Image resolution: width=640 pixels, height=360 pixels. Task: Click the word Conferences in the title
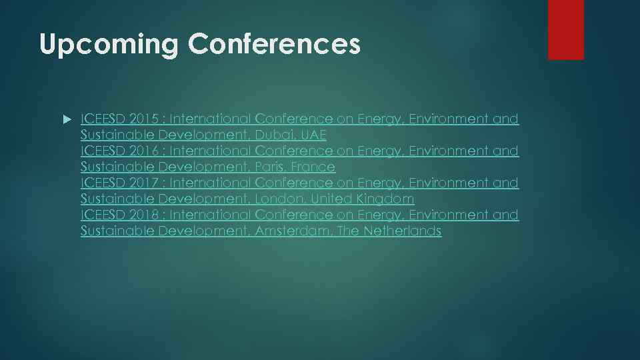click(274, 43)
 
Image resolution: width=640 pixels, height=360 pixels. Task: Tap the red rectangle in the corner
click(565, 29)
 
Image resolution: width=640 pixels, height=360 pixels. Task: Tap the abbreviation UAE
click(313, 135)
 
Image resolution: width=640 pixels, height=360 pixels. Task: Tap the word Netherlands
click(403, 231)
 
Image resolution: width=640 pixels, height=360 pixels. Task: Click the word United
click(331, 199)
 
